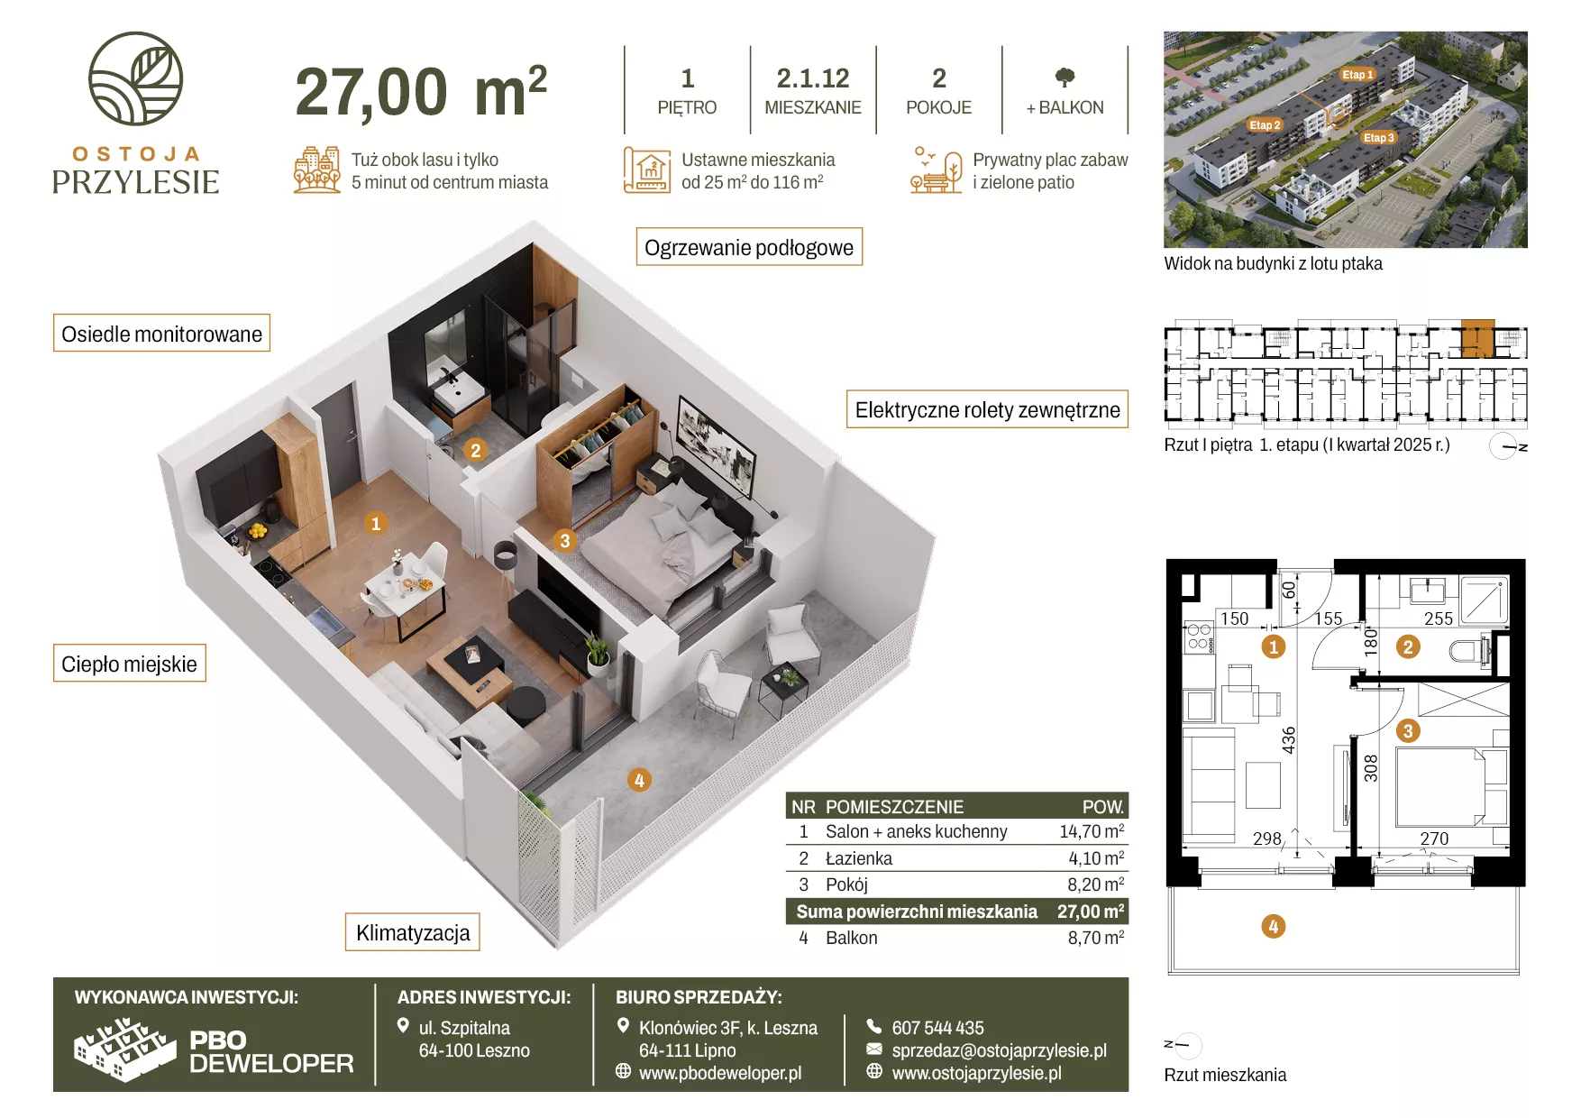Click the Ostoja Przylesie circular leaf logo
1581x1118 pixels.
coord(135,78)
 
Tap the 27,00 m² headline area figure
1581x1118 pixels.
coord(421,92)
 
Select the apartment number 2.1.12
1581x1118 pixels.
coord(813,78)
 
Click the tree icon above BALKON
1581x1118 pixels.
coord(1065,78)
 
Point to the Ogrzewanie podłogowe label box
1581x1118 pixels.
coord(749,247)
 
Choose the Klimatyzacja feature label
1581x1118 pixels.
coord(413,932)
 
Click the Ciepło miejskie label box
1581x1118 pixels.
coord(130,664)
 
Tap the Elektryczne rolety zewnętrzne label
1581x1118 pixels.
coord(987,409)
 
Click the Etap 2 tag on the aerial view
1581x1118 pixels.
coord(1265,125)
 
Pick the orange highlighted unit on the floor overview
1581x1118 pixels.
coord(1477,338)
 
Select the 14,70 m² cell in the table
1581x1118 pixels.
coord(1092,831)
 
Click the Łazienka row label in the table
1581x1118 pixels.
coord(859,858)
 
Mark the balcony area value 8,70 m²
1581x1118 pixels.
coord(1096,938)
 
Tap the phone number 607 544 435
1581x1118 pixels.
coord(937,1028)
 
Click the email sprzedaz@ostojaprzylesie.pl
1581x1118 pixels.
coord(999,1050)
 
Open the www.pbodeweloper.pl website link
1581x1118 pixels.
coord(720,1073)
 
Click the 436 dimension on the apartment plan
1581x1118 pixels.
coord(1289,740)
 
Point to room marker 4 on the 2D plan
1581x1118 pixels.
coord(1273,926)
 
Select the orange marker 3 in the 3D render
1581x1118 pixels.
coord(565,540)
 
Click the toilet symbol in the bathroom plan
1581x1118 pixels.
coord(1471,650)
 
